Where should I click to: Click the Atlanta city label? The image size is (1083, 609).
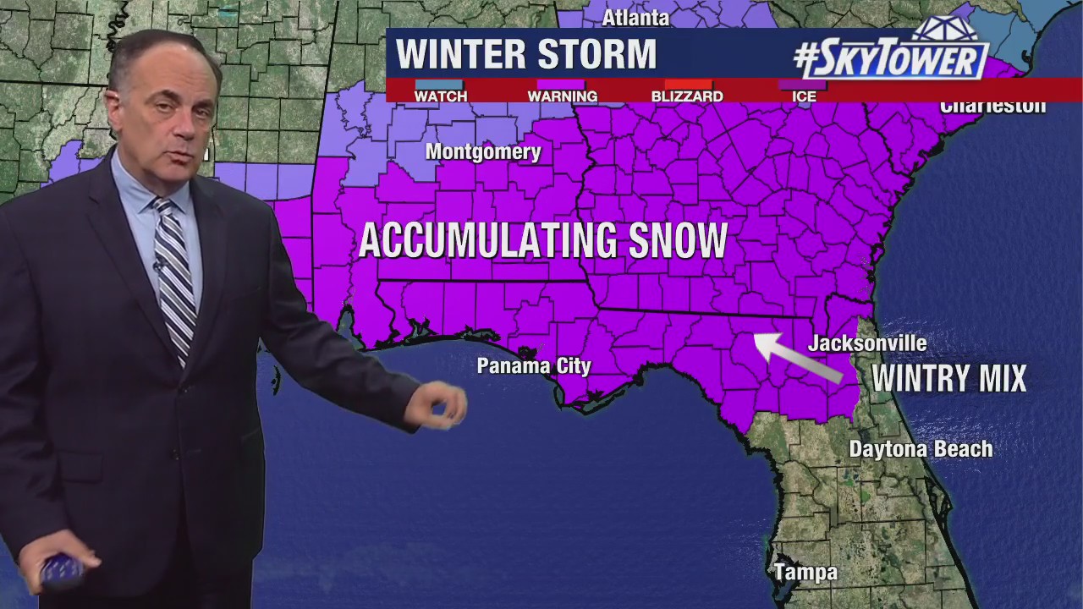point(635,18)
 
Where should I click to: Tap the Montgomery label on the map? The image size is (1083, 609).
point(483,152)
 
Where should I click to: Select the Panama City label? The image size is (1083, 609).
point(534,366)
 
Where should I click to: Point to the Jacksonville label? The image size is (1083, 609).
point(867,343)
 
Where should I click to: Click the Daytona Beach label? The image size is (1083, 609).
point(921,449)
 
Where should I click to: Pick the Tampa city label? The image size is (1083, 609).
point(805,573)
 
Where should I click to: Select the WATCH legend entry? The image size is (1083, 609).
point(440,96)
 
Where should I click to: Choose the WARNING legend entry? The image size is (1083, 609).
point(562,96)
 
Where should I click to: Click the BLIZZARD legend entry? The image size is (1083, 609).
point(686,96)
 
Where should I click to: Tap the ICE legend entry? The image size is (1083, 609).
point(804,96)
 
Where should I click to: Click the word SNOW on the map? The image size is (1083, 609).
point(678,241)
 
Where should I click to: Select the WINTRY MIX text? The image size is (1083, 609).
point(948,378)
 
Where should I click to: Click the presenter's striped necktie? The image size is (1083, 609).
point(176,271)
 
